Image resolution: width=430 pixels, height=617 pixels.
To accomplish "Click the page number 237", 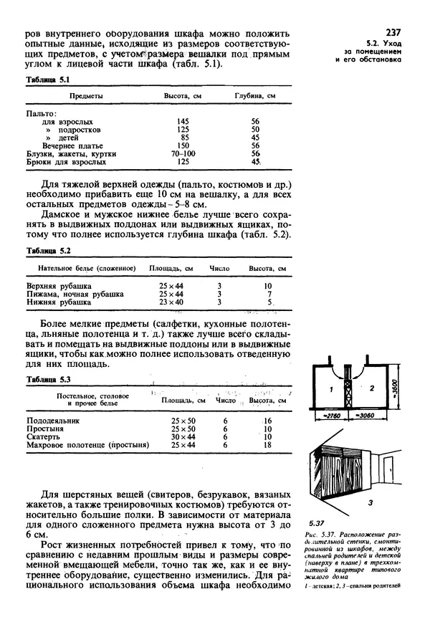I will click(x=393, y=32).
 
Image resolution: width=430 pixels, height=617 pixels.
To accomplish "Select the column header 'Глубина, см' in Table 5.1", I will click(x=254, y=95).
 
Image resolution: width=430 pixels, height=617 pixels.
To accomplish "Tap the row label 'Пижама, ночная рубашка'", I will click(x=75, y=294).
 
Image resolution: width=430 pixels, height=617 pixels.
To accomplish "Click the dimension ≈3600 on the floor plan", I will click(x=404, y=389).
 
